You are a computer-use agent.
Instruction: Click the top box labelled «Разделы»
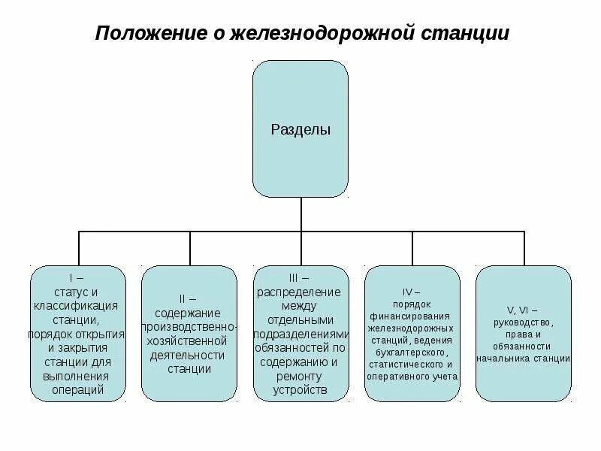click(x=300, y=129)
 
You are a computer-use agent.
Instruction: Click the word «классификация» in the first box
click(x=77, y=306)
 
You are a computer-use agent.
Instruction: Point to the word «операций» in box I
click(x=77, y=389)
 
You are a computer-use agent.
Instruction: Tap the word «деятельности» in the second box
click(x=189, y=355)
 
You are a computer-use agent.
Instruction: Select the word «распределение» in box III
click(x=300, y=292)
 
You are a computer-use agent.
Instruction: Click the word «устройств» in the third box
click(x=300, y=389)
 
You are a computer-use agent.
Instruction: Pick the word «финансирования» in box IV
click(x=412, y=316)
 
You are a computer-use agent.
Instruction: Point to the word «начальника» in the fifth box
click(x=501, y=358)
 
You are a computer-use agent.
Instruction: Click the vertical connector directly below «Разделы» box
click(x=300, y=214)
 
